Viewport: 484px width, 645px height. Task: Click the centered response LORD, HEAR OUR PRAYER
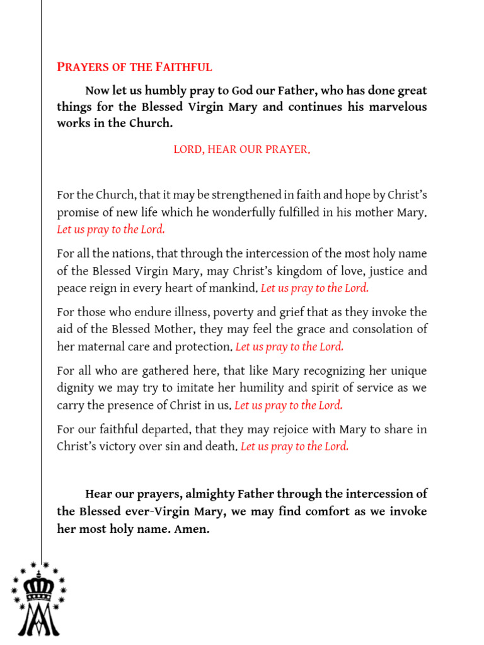pyautogui.click(x=241, y=150)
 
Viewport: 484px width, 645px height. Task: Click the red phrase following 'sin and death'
pyautogui.click(x=294, y=447)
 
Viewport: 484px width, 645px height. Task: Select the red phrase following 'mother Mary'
pyautogui.click(x=111, y=230)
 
